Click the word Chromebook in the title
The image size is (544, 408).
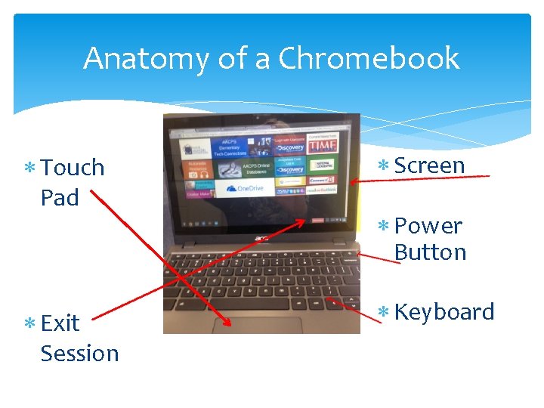(x=369, y=58)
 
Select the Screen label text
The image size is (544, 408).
(x=429, y=166)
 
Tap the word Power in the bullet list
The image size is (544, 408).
(x=428, y=226)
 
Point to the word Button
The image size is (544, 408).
(x=430, y=252)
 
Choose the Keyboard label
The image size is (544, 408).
(x=444, y=312)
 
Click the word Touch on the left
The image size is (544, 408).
(x=73, y=168)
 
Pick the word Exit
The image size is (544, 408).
(x=60, y=323)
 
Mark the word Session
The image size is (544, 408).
(x=79, y=354)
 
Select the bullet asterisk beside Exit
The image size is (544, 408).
(x=29, y=323)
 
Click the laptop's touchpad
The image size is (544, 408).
(x=257, y=325)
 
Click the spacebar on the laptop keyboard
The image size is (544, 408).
(x=249, y=306)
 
